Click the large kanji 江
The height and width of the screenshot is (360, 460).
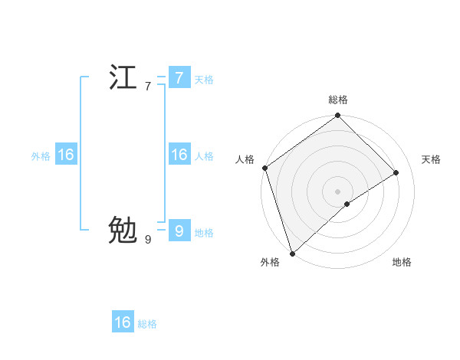point(123,78)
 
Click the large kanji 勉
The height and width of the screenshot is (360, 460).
point(123,230)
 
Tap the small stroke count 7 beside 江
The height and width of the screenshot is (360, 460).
point(148,87)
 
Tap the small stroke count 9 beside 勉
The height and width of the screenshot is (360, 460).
point(148,240)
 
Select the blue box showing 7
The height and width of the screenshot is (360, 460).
point(179,77)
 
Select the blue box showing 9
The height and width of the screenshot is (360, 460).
point(179,230)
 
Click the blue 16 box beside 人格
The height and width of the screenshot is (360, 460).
point(179,155)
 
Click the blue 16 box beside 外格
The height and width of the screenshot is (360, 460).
point(65,155)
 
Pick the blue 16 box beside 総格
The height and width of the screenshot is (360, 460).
point(123,322)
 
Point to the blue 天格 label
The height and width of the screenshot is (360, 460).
point(204,80)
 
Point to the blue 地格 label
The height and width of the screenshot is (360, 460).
point(204,233)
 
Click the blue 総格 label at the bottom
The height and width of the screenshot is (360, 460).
point(147,325)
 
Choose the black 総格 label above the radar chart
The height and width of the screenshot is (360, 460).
point(338,100)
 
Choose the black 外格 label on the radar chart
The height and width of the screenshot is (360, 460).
point(270,262)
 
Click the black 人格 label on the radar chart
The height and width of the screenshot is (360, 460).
point(245,159)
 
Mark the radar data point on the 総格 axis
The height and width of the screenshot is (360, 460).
point(338,116)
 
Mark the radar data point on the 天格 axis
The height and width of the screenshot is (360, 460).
point(396,172)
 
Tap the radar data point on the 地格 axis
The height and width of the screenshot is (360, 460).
point(347,204)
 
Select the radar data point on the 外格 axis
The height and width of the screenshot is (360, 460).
point(292,253)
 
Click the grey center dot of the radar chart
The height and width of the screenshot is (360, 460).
point(338,191)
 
